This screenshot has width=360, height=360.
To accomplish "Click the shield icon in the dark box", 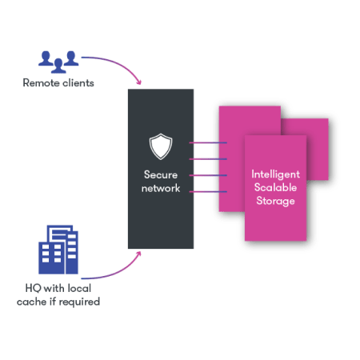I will tap(161, 146).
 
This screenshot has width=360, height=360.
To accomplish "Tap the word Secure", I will tap(161, 175).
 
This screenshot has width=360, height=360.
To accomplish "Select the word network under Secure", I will tap(161, 189).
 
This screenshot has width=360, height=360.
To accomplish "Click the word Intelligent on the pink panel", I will tap(275, 174).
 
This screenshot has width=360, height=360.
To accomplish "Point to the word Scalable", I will tap(275, 187).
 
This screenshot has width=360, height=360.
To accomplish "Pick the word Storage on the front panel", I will tap(275, 201).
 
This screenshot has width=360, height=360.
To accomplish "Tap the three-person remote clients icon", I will tap(58, 59).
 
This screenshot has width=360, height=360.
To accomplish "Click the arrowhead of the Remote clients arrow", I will tap(141, 85).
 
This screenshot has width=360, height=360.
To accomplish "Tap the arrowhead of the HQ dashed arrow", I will tap(142, 254).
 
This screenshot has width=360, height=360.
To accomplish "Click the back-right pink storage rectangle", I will tap(315, 132).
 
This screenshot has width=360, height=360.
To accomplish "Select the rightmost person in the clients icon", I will tap(72, 57).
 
